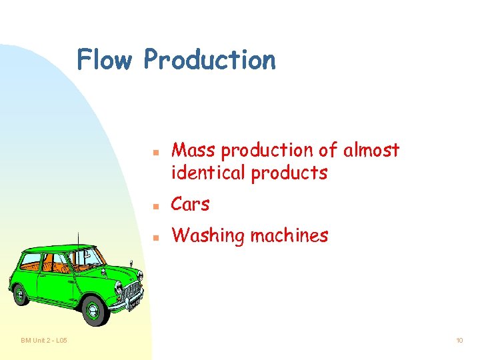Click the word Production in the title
[x=209, y=60]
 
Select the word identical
[x=208, y=173]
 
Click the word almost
[x=371, y=151]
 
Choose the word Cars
[x=190, y=204]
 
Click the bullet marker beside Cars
[x=155, y=205]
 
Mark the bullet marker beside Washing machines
[x=155, y=237]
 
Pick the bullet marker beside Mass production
[x=155, y=152]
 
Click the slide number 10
[x=459, y=341]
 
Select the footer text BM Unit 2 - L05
[x=43, y=341]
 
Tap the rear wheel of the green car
[x=20, y=293]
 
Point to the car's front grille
[x=131, y=291]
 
